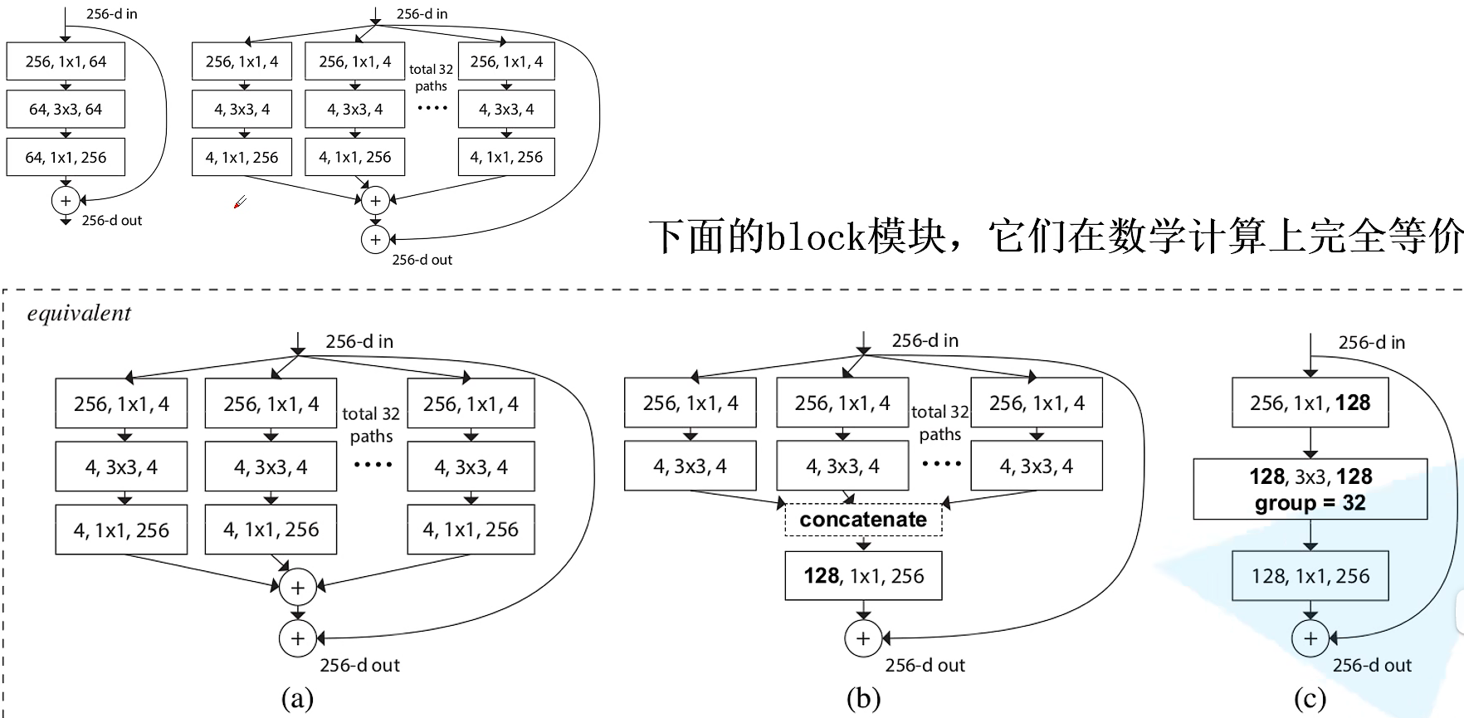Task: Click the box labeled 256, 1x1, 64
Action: coord(66,61)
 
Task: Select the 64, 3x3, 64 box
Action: coord(66,109)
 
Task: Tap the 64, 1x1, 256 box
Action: coord(66,157)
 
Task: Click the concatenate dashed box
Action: coord(863,520)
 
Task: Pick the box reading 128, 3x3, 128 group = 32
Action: coord(1310,489)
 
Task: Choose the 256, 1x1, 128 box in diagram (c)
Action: coord(1310,403)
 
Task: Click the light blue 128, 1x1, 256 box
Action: coord(1310,576)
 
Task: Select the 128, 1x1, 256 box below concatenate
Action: coord(863,575)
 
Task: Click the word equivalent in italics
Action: coord(79,314)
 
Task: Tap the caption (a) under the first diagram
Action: coord(297,698)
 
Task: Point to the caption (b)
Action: coord(863,698)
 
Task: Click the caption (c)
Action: coord(1310,698)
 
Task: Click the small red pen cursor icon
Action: coord(240,202)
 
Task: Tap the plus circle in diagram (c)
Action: coord(1310,638)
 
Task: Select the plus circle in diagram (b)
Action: coord(863,638)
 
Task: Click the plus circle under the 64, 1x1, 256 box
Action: coord(66,200)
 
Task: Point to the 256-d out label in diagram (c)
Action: coord(1371,665)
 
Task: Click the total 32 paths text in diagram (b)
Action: coord(939,422)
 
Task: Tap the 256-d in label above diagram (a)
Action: coord(359,341)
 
